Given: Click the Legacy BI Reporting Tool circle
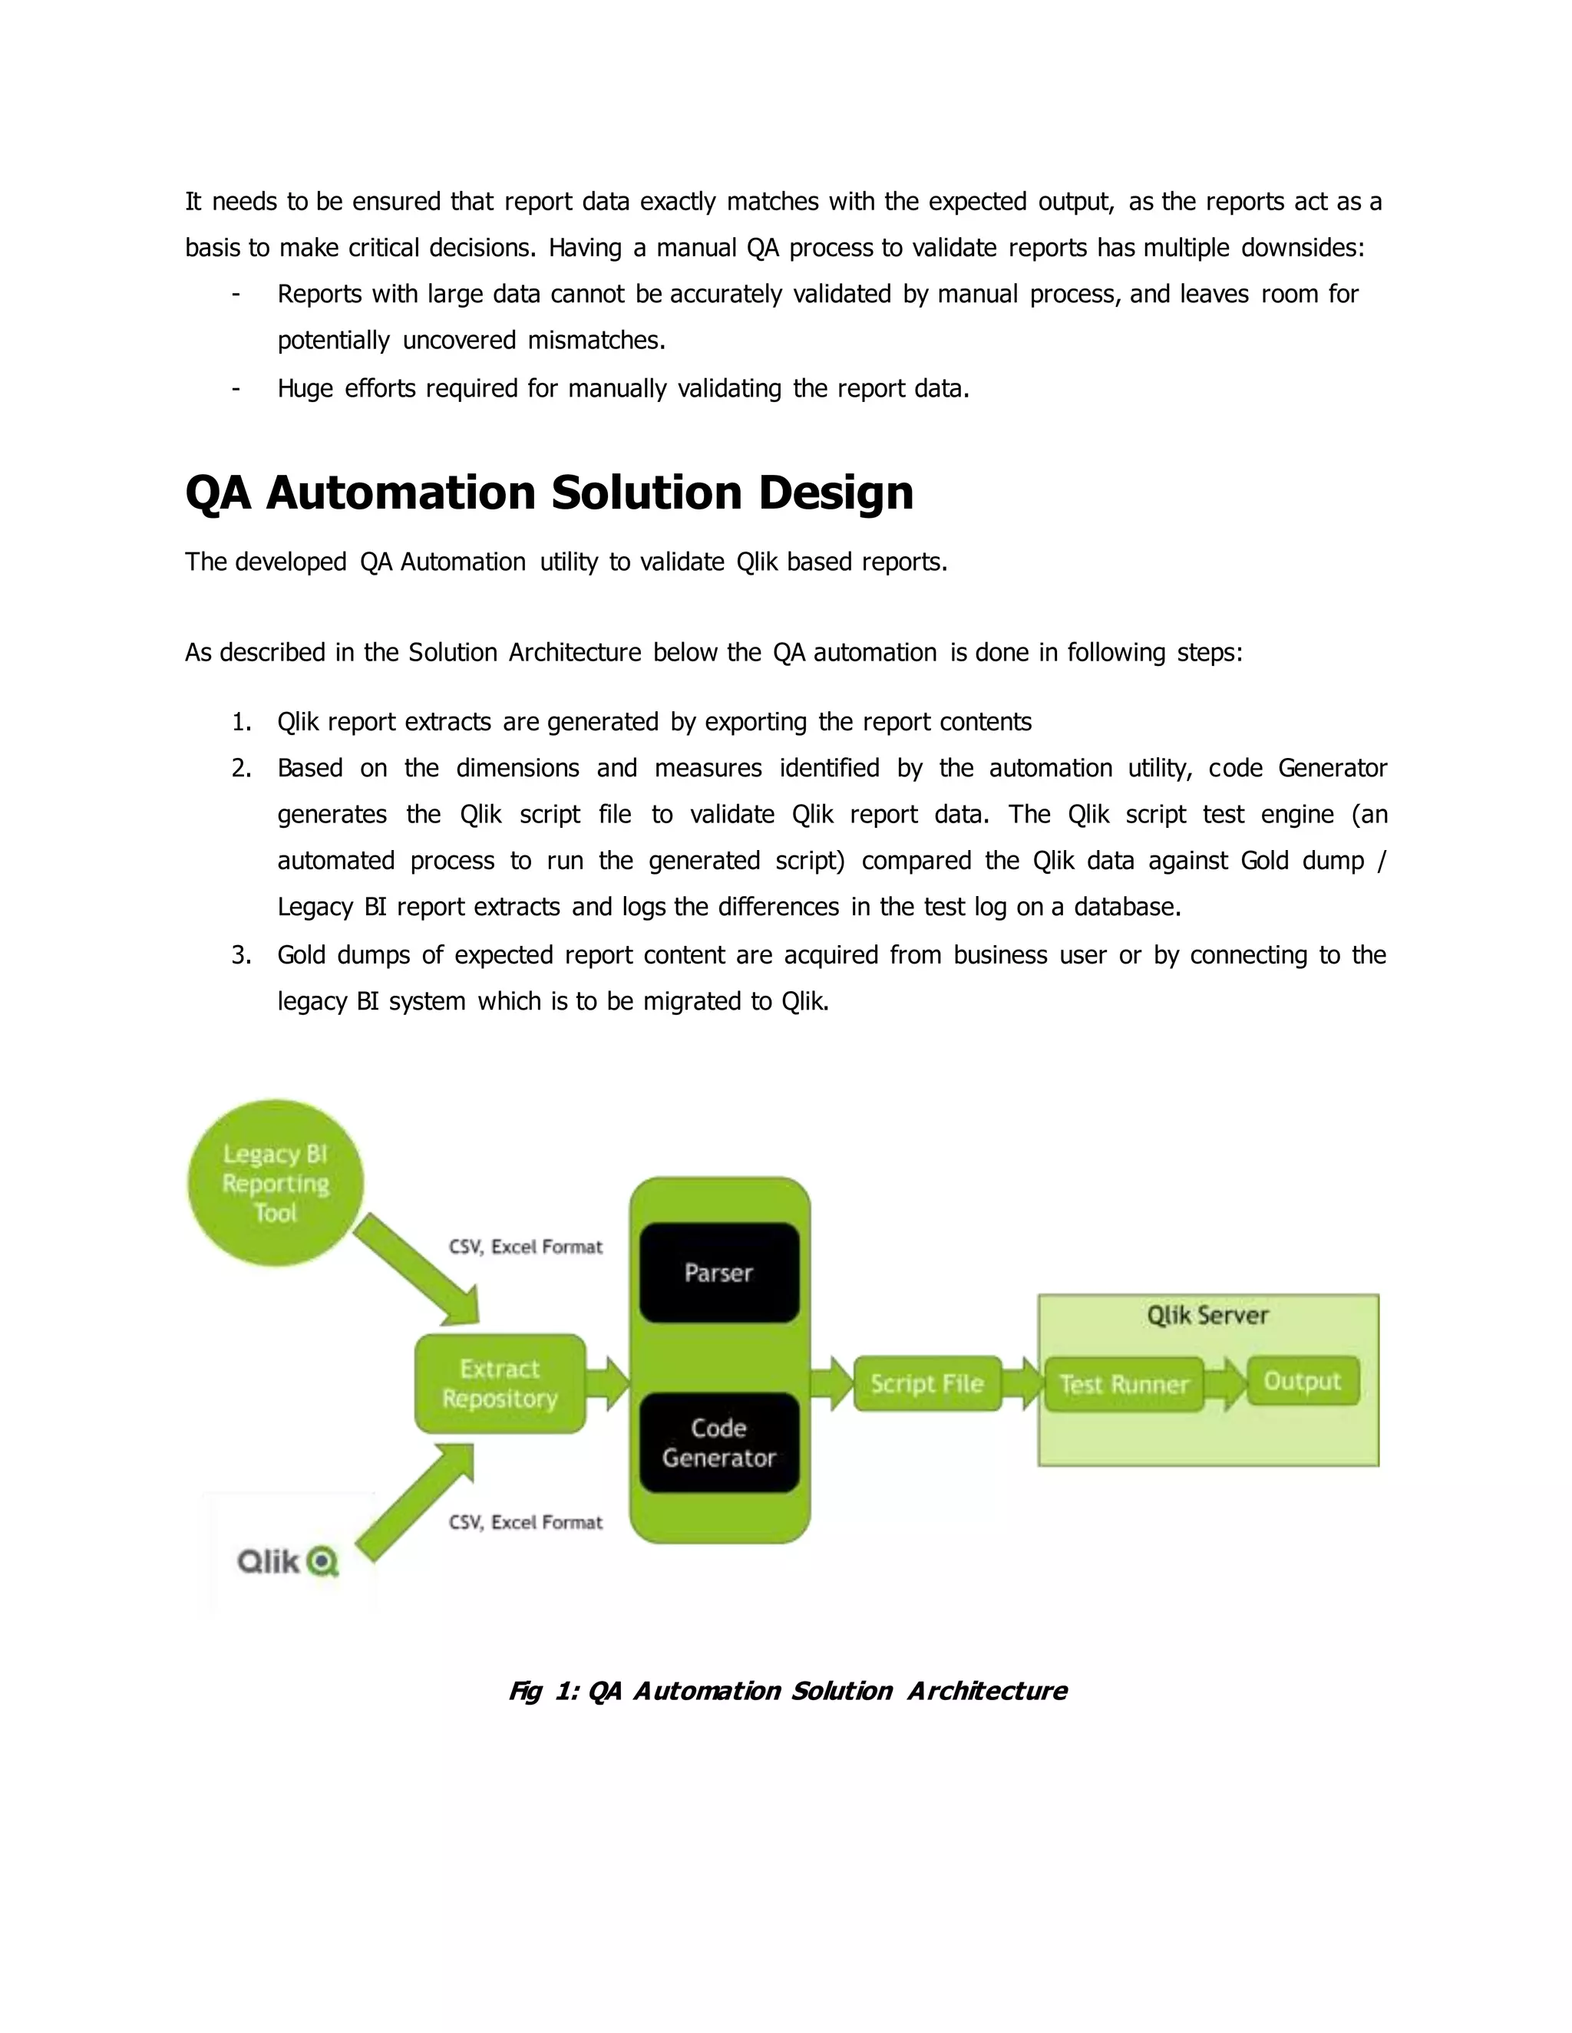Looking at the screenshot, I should tap(276, 1183).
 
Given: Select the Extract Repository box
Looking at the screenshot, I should tap(500, 1383).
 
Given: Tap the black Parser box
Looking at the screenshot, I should tap(718, 1273).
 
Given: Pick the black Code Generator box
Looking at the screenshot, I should tap(718, 1442).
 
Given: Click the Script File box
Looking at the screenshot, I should tap(926, 1383).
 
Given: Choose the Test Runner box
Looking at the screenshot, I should tap(1124, 1384).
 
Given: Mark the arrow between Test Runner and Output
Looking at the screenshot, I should tap(1227, 1383).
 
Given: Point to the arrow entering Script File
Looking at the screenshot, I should tap(831, 1383).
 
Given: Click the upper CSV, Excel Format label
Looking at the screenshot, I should tap(525, 1247).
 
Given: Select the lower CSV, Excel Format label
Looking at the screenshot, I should tap(525, 1522).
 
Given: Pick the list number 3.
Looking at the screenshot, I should tap(241, 955).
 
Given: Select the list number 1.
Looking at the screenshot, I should tap(241, 723).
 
